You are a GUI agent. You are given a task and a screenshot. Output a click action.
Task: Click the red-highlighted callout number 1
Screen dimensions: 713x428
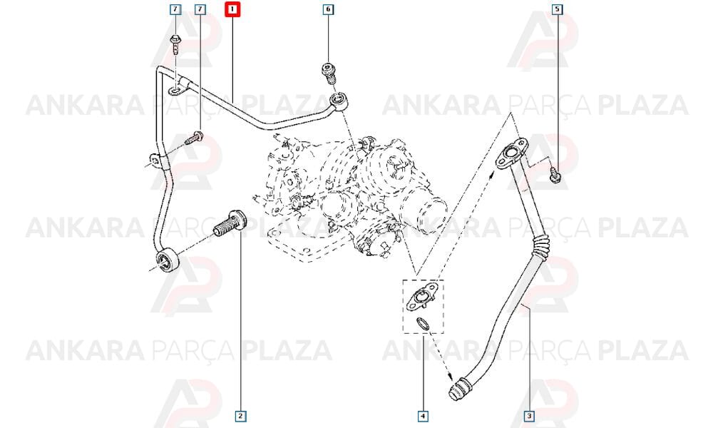(233, 9)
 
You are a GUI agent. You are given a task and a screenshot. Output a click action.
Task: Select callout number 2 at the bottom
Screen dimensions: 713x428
(240, 416)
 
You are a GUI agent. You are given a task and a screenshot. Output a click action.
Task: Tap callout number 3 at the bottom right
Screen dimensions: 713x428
(528, 416)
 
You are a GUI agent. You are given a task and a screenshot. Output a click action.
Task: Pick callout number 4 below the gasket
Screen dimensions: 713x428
(423, 416)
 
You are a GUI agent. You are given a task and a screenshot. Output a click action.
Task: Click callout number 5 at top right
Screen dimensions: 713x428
(558, 9)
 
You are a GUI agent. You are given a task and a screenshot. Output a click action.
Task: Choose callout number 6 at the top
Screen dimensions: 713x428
(328, 9)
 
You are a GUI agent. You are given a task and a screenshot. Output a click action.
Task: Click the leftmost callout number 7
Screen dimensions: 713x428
(175, 9)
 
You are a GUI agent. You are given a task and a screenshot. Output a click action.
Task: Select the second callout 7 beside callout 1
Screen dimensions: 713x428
(200, 9)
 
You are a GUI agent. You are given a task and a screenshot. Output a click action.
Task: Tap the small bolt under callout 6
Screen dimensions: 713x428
(329, 73)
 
